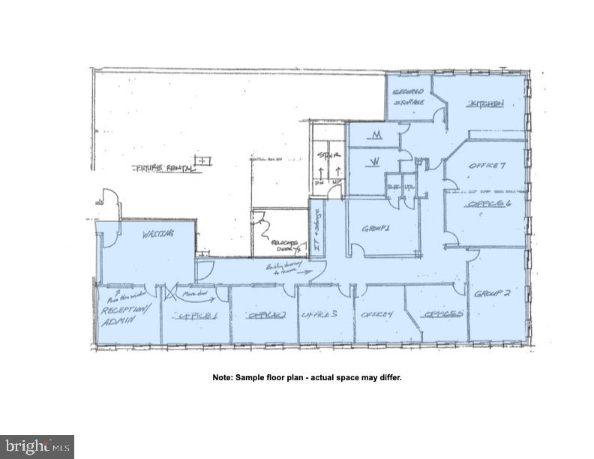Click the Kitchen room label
click(x=485, y=103)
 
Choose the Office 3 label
click(x=318, y=315)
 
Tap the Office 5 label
click(x=442, y=314)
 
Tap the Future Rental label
click(x=163, y=168)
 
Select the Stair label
click(x=328, y=155)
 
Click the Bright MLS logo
click(x=37, y=447)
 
